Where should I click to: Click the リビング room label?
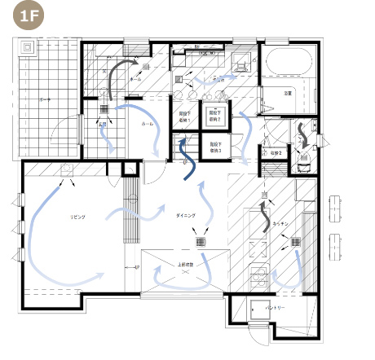77,219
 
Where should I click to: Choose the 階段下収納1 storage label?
184,118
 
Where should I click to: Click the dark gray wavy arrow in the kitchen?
264,216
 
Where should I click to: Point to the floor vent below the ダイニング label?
201,242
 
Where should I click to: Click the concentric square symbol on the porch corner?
30,46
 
